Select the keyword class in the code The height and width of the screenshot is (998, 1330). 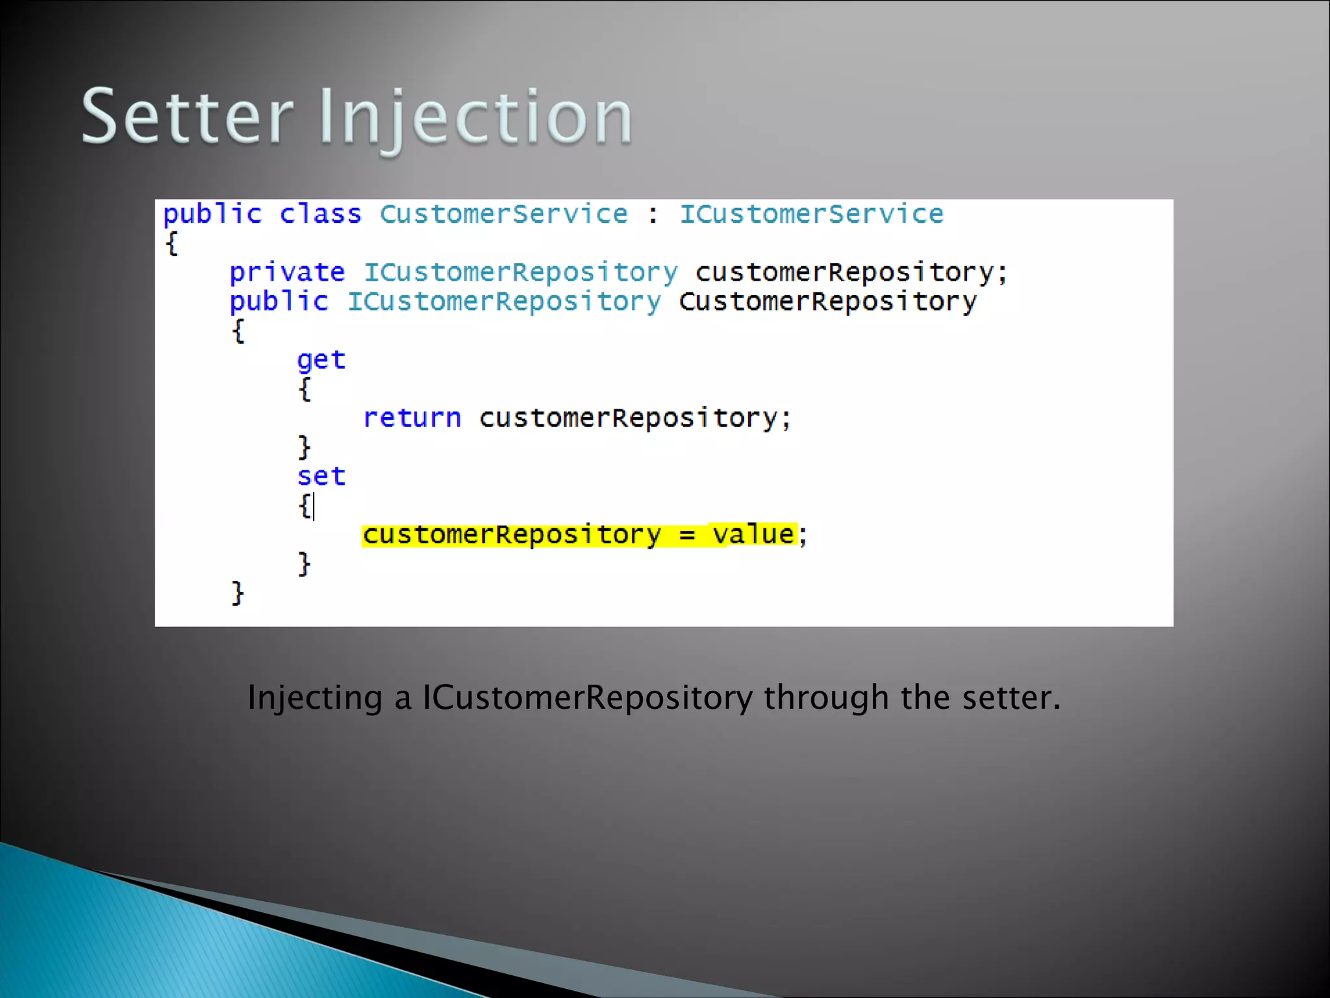(x=320, y=214)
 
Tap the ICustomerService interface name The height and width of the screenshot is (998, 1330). (x=811, y=214)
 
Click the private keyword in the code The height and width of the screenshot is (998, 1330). (x=287, y=272)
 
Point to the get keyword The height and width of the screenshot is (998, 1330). (x=321, y=360)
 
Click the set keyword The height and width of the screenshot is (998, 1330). (x=321, y=476)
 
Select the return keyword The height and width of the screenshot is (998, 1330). (x=412, y=418)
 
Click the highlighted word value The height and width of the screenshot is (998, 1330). (x=753, y=535)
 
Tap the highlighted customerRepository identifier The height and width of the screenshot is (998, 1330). (x=512, y=535)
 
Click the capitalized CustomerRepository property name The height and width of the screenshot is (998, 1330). (x=827, y=302)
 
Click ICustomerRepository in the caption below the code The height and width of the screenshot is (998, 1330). (x=588, y=698)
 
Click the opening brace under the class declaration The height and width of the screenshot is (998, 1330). (x=171, y=244)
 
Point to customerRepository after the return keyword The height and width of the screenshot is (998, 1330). (x=627, y=418)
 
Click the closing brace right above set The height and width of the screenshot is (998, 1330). (x=304, y=447)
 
